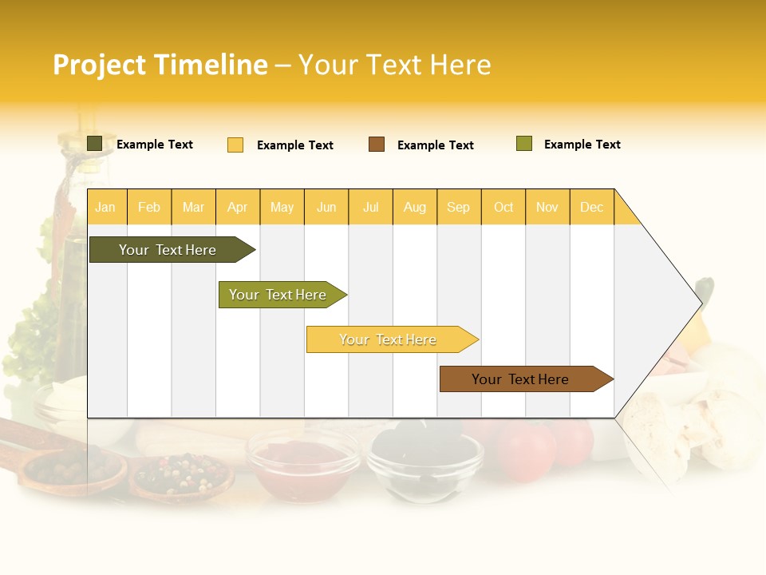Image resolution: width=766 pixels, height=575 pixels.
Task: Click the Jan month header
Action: pyautogui.click(x=105, y=207)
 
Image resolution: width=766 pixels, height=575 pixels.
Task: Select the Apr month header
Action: pyautogui.click(x=237, y=207)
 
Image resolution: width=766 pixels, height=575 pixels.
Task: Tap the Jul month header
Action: pyautogui.click(x=370, y=207)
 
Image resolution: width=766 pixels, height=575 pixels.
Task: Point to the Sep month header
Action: pyautogui.click(x=458, y=207)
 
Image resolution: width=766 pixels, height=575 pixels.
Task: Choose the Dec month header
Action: pyautogui.click(x=591, y=207)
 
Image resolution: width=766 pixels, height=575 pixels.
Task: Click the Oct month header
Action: pyautogui.click(x=503, y=207)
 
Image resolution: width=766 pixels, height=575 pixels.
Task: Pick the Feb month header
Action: pyautogui.click(x=149, y=207)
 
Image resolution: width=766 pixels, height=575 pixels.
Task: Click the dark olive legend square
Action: pyautogui.click(x=95, y=144)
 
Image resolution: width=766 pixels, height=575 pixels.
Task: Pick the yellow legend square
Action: pyautogui.click(x=235, y=145)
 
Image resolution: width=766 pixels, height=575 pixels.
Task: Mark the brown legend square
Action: pyautogui.click(x=377, y=145)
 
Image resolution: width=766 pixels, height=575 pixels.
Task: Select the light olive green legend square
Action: pyautogui.click(x=524, y=144)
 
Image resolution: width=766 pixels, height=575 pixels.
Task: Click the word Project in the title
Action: pyautogui.click(x=100, y=65)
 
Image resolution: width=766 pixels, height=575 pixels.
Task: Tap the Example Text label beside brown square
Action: pyautogui.click(x=435, y=145)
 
